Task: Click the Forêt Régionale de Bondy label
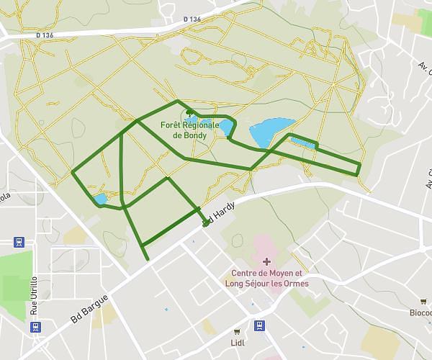point(190,130)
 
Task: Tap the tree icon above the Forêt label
point(189,113)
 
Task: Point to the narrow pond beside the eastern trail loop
point(302,143)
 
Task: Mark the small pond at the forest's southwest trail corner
point(99,199)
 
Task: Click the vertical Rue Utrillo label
point(34,296)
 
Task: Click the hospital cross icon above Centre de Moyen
point(267,261)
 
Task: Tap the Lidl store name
point(238,342)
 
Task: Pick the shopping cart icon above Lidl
point(238,330)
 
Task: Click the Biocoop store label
point(420,312)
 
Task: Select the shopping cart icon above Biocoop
point(423,301)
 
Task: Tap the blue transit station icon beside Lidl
point(262,325)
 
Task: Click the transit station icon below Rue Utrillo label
point(35,327)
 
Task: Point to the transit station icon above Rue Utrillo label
point(19,242)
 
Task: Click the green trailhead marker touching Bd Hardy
point(205,223)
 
